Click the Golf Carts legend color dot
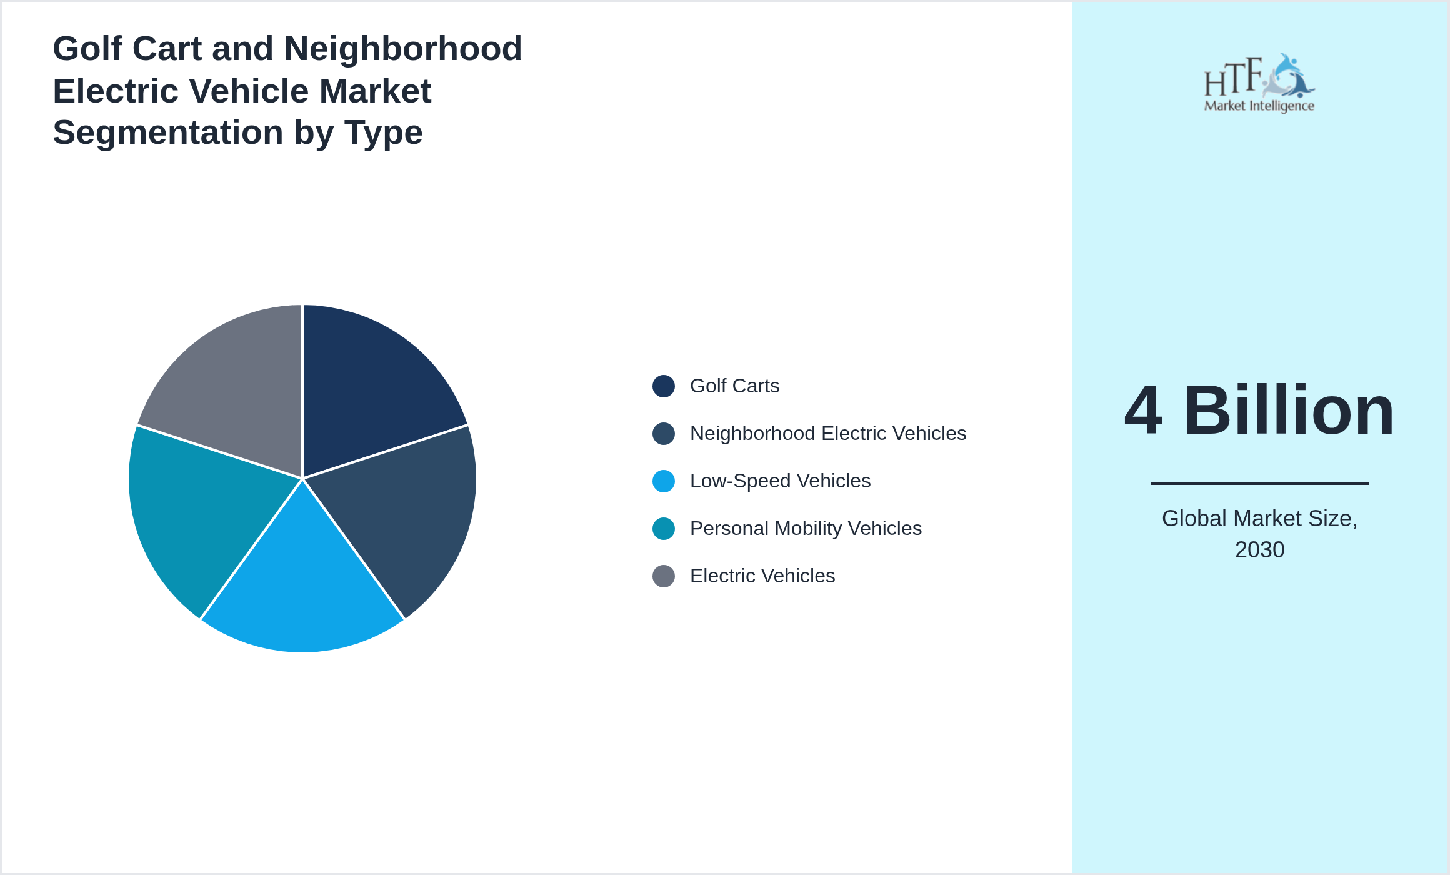pyautogui.click(x=663, y=386)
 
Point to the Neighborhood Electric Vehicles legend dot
pyautogui.click(x=663, y=434)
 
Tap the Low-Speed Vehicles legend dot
pyautogui.click(x=663, y=481)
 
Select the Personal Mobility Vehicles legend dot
pyautogui.click(x=663, y=529)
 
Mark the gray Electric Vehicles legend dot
pyautogui.click(x=663, y=576)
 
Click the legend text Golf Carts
pyautogui.click(x=734, y=386)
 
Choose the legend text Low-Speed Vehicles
pyautogui.click(x=780, y=481)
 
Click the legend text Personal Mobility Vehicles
pyautogui.click(x=806, y=529)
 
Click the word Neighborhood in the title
pyautogui.click(x=402, y=49)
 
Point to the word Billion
pyautogui.click(x=1289, y=411)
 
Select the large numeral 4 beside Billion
pyautogui.click(x=1144, y=411)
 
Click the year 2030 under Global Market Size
pyautogui.click(x=1259, y=550)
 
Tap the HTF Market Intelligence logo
pyautogui.click(x=1259, y=83)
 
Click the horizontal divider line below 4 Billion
pyautogui.click(x=1259, y=483)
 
